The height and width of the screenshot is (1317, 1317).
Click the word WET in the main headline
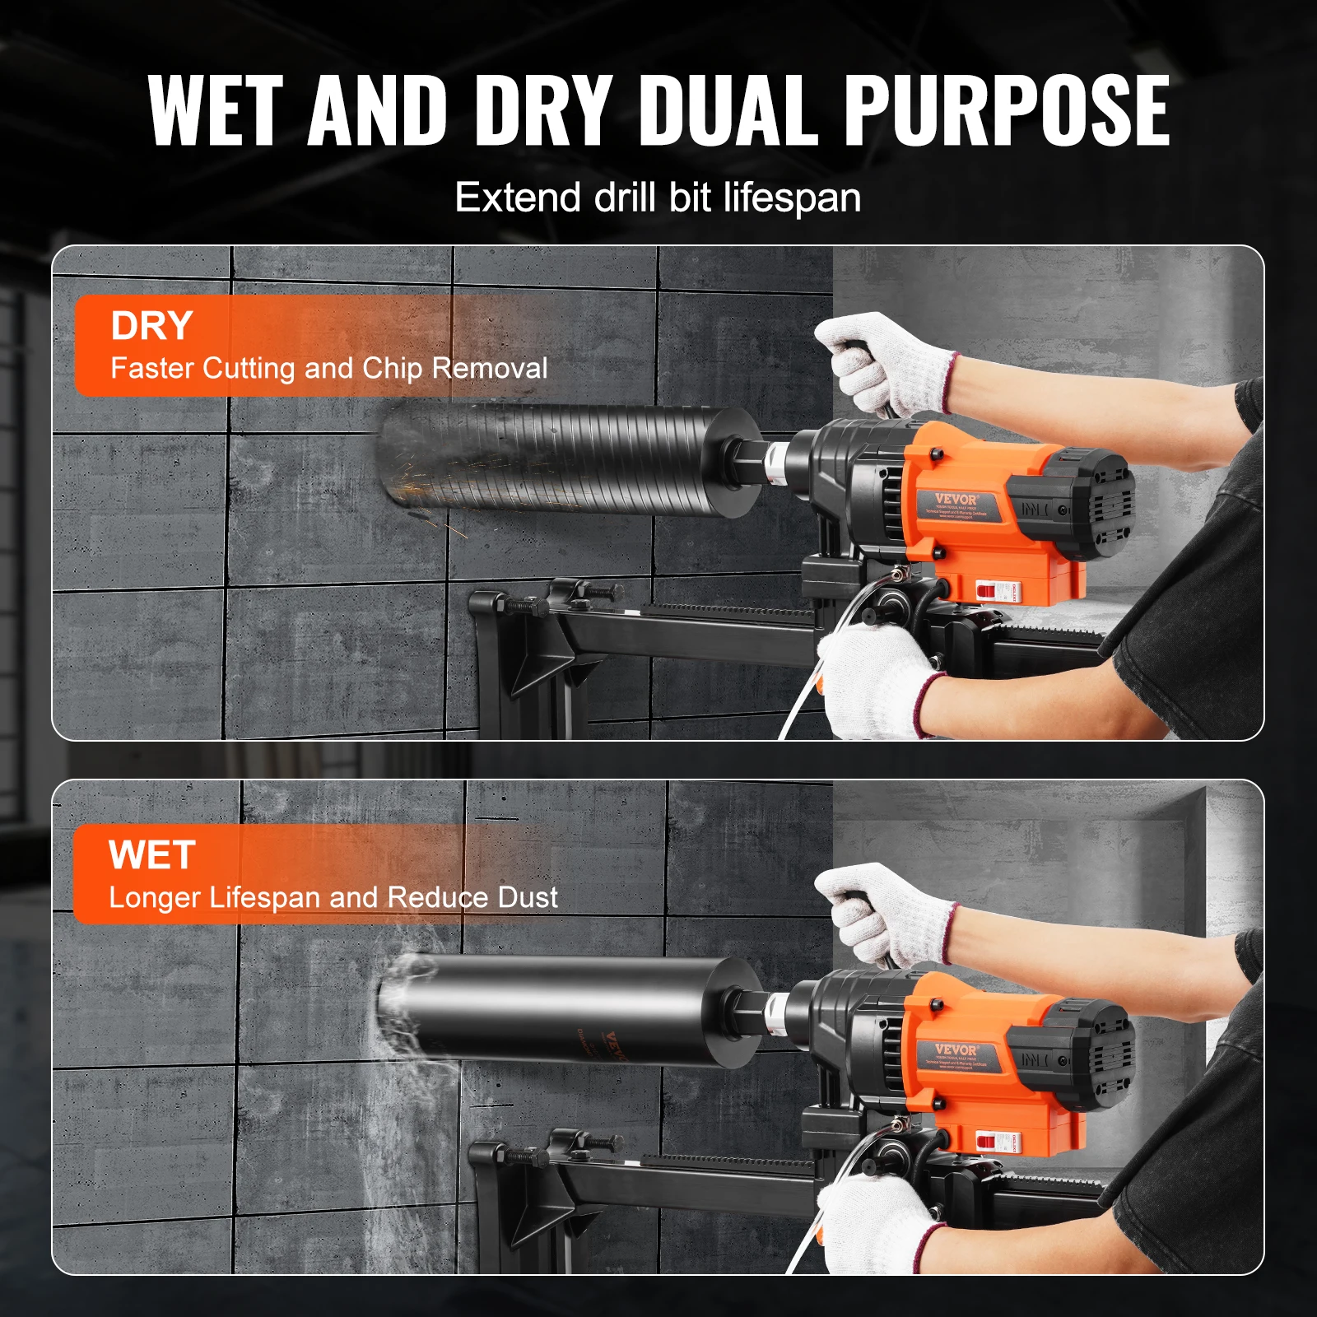pos(216,110)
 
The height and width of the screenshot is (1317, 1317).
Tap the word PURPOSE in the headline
pos(1006,110)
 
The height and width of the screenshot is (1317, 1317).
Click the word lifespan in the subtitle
pos(792,198)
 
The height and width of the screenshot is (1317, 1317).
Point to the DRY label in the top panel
pos(151,326)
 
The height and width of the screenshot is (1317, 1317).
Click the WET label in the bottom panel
pos(151,855)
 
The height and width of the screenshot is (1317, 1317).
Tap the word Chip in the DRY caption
pos(393,368)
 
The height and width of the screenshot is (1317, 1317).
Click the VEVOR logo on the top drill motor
pos(956,500)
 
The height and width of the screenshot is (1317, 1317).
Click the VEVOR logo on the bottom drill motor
pos(956,1050)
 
